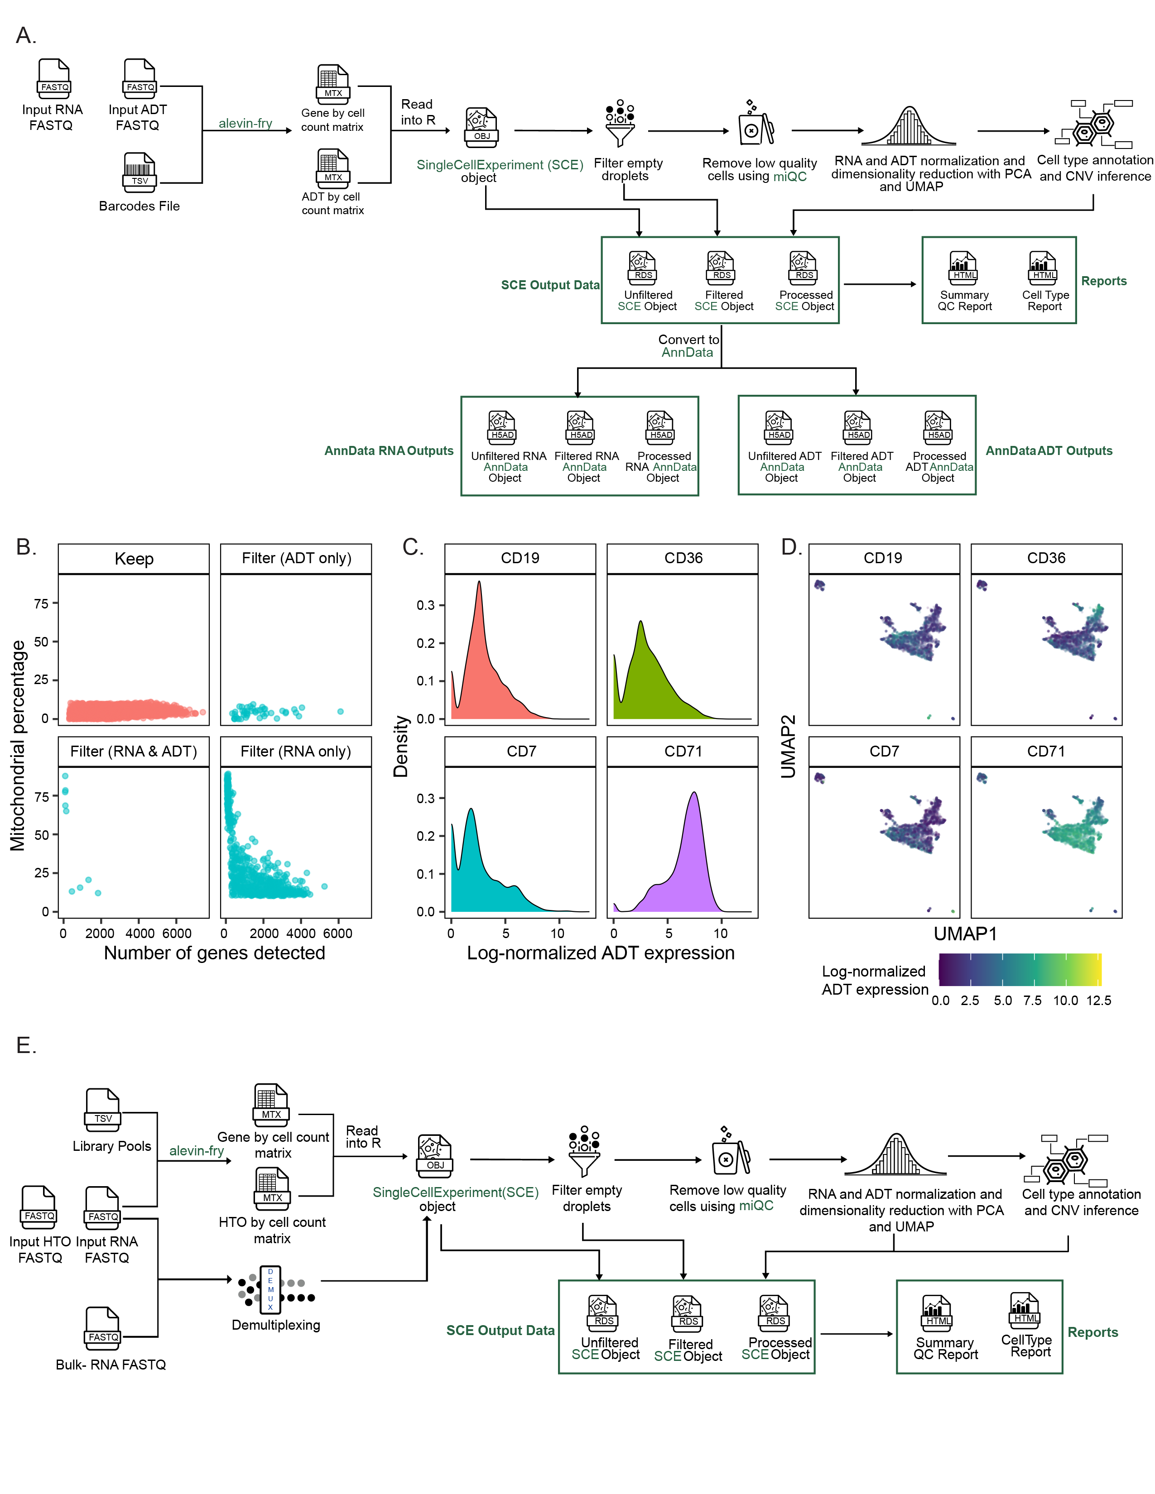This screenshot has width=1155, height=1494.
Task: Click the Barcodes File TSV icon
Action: [x=140, y=170]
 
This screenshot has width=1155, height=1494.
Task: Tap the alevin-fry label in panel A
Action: [x=245, y=123]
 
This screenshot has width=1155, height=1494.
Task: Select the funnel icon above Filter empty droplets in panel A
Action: [x=620, y=124]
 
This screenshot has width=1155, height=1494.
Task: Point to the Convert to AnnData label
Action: [x=688, y=345]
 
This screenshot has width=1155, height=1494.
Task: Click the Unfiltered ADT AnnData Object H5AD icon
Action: [x=779, y=427]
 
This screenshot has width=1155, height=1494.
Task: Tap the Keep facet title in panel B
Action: [x=134, y=559]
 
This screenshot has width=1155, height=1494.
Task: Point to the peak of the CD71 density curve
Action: [x=694, y=794]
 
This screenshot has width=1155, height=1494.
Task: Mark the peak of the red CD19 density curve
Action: [x=479, y=582]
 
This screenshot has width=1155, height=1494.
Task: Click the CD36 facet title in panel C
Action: [x=683, y=558]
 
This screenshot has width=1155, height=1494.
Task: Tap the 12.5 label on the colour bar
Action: [x=1098, y=1000]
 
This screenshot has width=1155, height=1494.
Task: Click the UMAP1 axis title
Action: [x=965, y=934]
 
